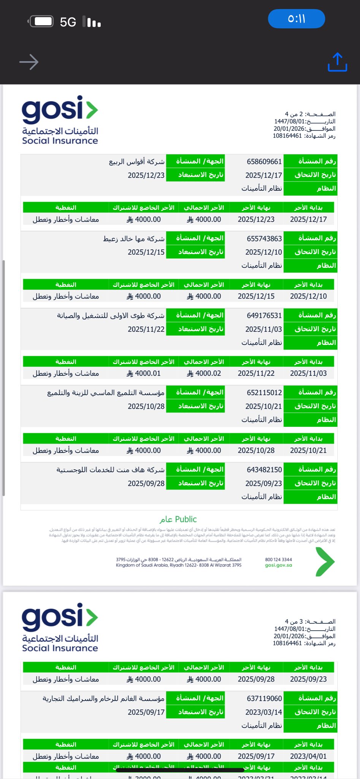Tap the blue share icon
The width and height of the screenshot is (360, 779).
tap(337, 62)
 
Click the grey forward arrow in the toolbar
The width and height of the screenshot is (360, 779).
tap(29, 62)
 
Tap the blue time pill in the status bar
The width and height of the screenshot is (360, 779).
tap(297, 19)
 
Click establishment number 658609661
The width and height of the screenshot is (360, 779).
tap(264, 162)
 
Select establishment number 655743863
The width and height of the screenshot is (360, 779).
tap(264, 238)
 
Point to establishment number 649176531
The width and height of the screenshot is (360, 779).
tap(264, 315)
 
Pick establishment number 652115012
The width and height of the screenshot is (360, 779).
tap(264, 393)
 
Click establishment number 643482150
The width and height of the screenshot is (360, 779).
tap(264, 469)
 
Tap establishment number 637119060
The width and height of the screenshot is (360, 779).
tap(264, 698)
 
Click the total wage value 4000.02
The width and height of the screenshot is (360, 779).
tap(204, 374)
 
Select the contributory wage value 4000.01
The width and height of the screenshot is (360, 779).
tap(144, 374)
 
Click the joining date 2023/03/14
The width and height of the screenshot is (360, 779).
tap(263, 712)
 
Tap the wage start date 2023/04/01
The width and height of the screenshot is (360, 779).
tap(308, 756)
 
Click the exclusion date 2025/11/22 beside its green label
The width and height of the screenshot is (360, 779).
tap(146, 329)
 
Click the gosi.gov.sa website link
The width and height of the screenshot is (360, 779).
tap(278, 565)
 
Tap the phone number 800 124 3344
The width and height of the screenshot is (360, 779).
tap(278, 560)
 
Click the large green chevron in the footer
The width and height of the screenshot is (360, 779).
tap(325, 562)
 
